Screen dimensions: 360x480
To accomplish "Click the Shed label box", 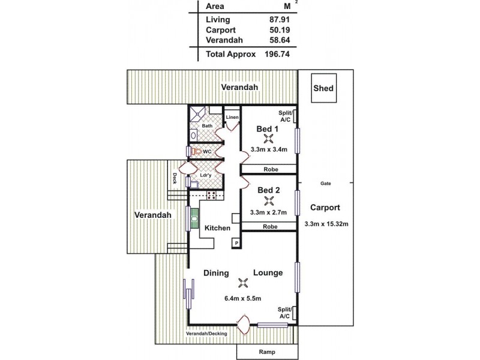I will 323,89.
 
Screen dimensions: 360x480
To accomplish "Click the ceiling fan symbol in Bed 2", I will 268,200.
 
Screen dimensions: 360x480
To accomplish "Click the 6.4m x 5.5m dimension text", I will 242,298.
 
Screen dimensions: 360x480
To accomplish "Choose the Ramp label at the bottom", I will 266,352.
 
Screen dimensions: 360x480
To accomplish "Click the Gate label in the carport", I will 326,182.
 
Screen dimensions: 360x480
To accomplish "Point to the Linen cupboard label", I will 232,117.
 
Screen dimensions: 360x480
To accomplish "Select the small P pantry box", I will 237,243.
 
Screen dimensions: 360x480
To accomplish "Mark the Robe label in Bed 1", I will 270,170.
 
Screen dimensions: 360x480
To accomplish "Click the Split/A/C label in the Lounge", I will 284,312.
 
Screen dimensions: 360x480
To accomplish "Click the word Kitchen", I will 217,228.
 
